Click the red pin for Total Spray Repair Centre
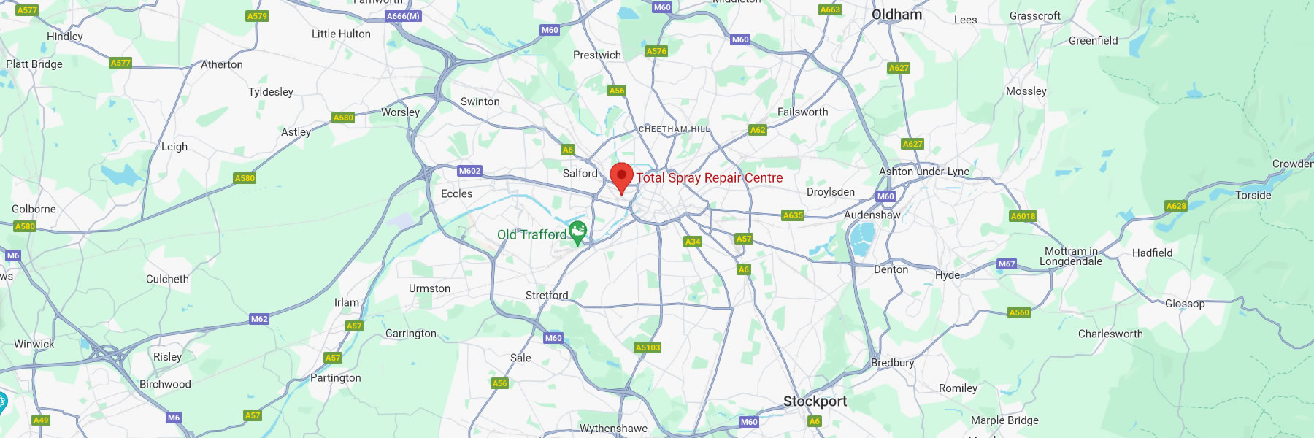[x=621, y=177]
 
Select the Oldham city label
[x=896, y=15]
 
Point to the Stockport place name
[x=815, y=401]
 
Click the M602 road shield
[x=469, y=171]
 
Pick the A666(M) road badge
[x=403, y=16]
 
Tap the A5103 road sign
[x=648, y=347]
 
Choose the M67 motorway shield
[x=1007, y=264]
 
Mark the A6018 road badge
[x=1023, y=216]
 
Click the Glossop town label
[x=1185, y=304]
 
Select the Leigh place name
[x=174, y=147]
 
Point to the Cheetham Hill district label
[x=674, y=129]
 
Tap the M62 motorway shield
[x=259, y=319]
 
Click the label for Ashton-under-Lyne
[x=924, y=172]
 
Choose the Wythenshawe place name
[x=613, y=429]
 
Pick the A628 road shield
[x=1176, y=206]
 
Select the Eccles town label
[x=456, y=193]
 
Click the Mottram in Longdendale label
[x=1071, y=256]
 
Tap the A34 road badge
[x=693, y=242]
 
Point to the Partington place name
[x=335, y=377]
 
